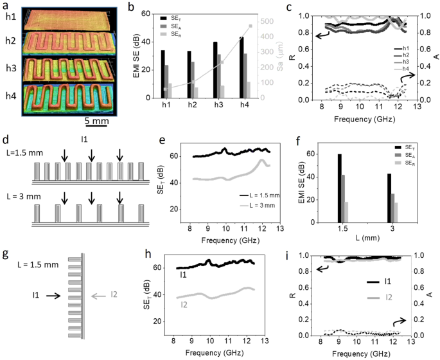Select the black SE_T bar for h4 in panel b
[241, 67]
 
